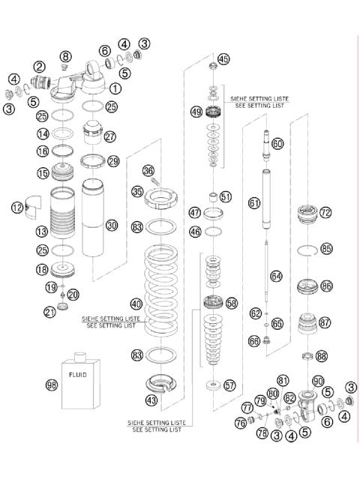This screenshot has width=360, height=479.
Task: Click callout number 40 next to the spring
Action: pos(136,304)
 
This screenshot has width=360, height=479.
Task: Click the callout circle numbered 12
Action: pos(17,208)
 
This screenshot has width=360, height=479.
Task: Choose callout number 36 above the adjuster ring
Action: pos(148,171)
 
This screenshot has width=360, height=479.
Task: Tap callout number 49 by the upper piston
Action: pos(196,112)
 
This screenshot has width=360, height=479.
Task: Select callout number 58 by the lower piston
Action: pos(231,303)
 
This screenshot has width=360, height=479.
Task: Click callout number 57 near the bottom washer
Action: pos(229,385)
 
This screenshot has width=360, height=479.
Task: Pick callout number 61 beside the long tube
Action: pos(255,202)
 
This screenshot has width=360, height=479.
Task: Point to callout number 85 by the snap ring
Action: pos(325,248)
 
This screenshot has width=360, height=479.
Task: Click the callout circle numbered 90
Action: pos(318,381)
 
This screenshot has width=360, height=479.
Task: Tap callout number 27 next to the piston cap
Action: pos(111,136)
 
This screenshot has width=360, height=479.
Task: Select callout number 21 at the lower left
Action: pos(50,312)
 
